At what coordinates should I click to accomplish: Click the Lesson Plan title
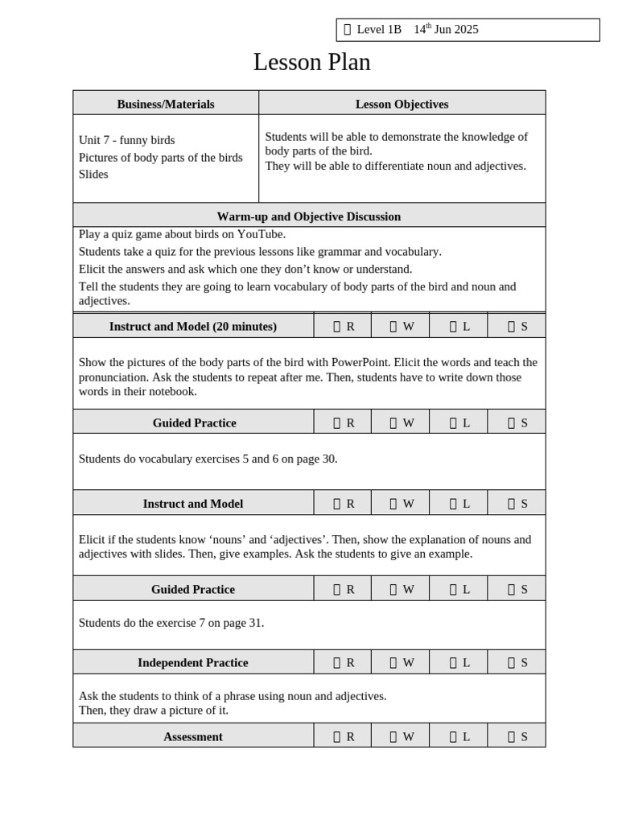coord(311,62)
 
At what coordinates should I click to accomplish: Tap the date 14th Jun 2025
coord(446,30)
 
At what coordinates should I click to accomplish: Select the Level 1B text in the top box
coord(378,30)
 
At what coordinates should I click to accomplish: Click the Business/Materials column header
coord(166,104)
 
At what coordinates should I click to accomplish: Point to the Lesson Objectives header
coord(402,104)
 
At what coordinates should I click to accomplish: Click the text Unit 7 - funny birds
coord(126,140)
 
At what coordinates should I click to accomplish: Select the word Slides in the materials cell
coord(93,174)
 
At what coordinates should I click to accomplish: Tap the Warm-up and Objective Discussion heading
coord(308,216)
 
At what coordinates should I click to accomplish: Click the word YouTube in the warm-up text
coord(261,234)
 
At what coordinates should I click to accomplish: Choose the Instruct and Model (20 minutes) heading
coord(193,326)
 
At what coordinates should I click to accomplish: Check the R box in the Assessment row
coord(337,736)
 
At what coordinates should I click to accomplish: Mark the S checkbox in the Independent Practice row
coord(511,663)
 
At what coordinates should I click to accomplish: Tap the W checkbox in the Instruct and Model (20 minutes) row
coord(393,327)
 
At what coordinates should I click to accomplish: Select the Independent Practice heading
coord(193,663)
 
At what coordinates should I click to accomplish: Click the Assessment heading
coord(193,736)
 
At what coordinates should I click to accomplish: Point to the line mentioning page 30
coord(208,459)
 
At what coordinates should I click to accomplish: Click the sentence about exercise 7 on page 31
coord(171,623)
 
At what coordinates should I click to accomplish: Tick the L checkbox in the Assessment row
coord(453,736)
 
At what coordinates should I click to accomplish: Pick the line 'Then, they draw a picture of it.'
coord(154,711)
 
